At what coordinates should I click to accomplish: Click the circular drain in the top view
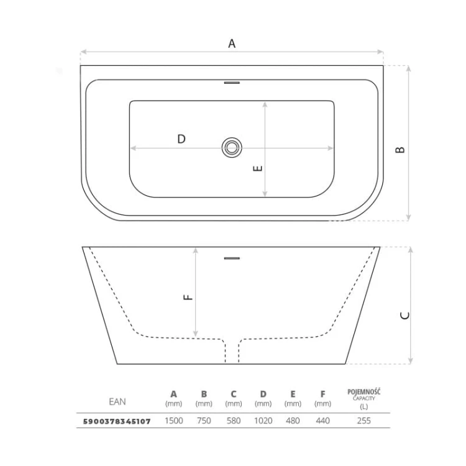coord(232,147)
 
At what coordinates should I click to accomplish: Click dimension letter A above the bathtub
coord(232,43)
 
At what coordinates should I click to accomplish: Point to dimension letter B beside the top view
coord(400,150)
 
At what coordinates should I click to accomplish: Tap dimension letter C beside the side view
coord(405,316)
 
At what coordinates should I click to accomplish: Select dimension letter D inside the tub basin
coord(181,139)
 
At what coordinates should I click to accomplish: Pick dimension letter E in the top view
coord(258,168)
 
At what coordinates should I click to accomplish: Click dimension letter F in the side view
coord(188,297)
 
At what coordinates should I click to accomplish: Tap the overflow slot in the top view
coord(232,83)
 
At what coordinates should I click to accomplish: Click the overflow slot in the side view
coord(232,258)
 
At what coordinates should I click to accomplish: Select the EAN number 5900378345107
coord(117,421)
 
